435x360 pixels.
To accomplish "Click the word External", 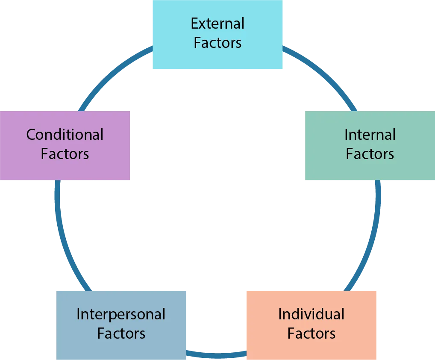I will pos(217,23).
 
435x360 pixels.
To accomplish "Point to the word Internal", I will pos(370,135).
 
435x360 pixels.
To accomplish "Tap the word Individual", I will pos(311,314).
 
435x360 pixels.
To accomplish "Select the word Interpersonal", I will pos(121,315).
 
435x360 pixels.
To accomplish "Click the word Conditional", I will pos(65,135).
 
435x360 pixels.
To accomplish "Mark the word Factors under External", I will pos(217,43).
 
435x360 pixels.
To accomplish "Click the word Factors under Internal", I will pos(370,153).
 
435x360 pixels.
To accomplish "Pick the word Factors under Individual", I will pos(311,333).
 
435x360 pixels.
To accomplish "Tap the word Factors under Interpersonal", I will pos(121,333).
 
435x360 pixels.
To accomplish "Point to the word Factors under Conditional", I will pos(65,153).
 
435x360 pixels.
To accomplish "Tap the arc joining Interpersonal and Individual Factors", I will pos(217,355).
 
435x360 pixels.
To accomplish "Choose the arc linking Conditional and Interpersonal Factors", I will pos(64,239).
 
